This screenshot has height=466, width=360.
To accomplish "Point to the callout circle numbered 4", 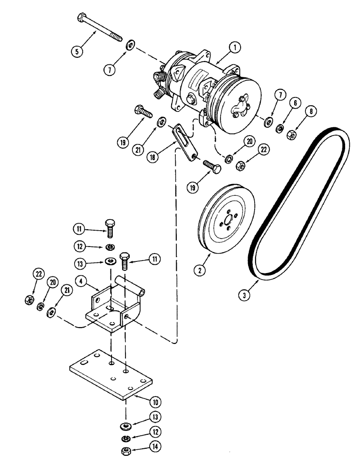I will (x=80, y=281).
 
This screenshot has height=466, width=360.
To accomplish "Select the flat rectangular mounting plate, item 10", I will (x=112, y=373).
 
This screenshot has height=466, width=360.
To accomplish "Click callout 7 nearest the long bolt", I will (x=110, y=70).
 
